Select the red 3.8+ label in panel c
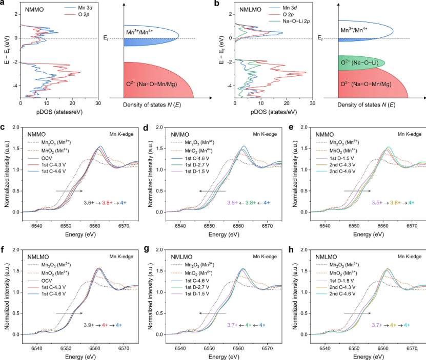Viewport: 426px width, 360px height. pyautogui.click(x=108, y=202)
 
